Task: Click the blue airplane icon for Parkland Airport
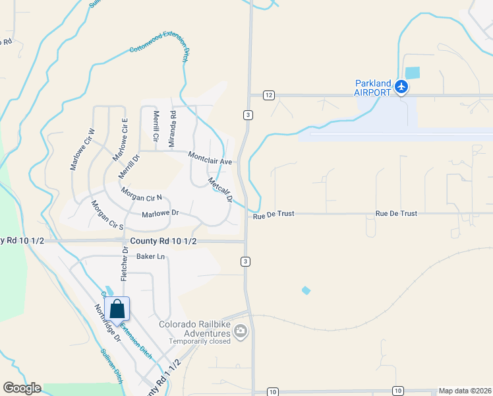click(401, 86)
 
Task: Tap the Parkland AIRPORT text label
click(373, 88)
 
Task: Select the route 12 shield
click(268, 95)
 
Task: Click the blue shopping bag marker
click(117, 310)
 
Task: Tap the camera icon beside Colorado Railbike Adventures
click(241, 331)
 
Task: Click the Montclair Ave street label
click(210, 158)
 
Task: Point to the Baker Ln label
click(150, 256)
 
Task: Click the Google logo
click(22, 388)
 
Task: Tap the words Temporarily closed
click(199, 341)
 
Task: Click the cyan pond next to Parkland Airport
click(412, 73)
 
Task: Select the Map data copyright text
click(465, 391)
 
